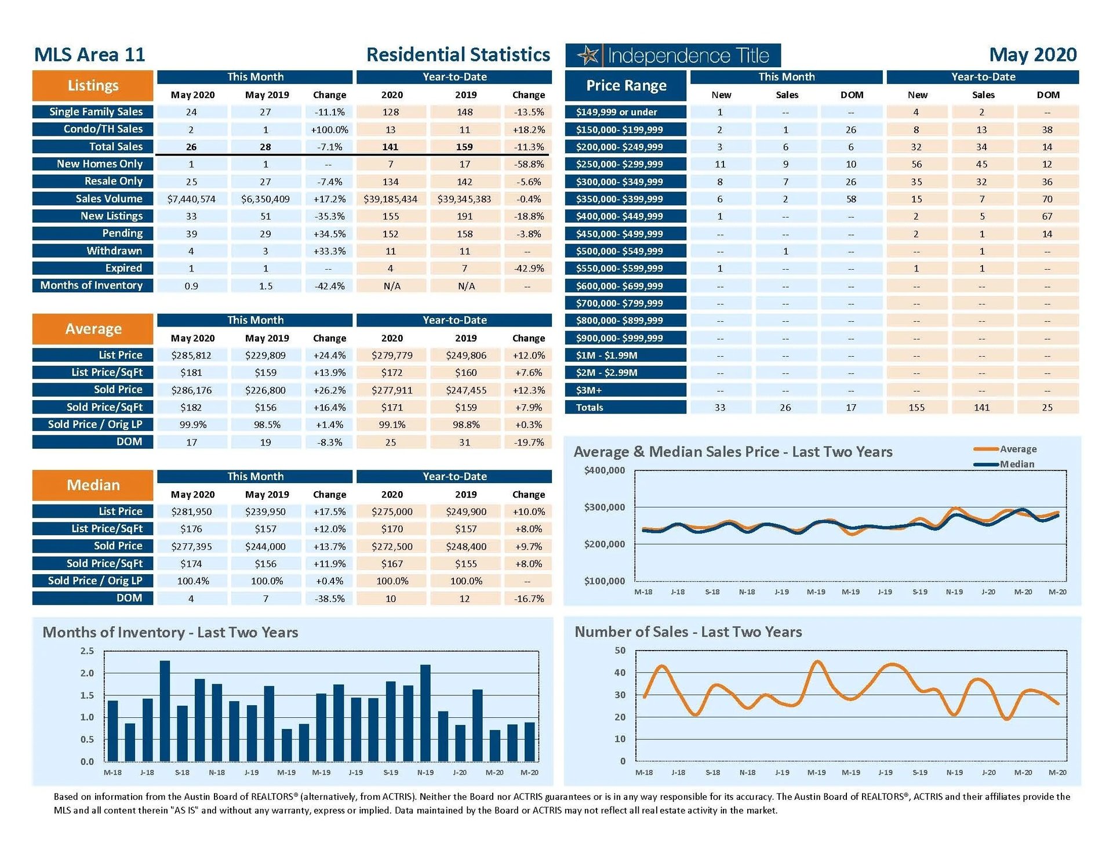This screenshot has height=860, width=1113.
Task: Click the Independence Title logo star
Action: pos(588,56)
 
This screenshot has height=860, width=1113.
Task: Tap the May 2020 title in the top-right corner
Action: pos(1032,55)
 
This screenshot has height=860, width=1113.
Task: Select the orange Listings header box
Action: pos(93,86)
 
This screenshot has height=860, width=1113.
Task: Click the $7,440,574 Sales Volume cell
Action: pos(191,199)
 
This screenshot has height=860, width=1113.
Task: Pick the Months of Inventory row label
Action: pos(92,285)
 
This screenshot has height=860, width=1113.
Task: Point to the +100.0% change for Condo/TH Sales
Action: pos(329,129)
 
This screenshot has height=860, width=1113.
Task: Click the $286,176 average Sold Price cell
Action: pos(191,390)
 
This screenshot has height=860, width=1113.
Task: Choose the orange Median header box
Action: pos(93,485)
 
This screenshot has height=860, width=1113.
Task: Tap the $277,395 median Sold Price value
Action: pos(191,546)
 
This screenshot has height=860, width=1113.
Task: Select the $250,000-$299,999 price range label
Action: pos(619,164)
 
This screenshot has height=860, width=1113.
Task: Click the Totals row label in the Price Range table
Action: pos(590,408)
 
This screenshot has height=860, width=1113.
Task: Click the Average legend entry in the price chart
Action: pos(1017,449)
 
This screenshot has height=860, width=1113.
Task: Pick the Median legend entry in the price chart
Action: pos(1016,464)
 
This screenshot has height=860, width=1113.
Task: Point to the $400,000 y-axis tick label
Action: pos(605,470)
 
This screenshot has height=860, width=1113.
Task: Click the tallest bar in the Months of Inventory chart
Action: pos(165,710)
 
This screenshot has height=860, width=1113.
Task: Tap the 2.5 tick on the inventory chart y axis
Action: pos(87,651)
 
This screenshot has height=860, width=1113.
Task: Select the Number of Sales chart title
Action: pos(688,632)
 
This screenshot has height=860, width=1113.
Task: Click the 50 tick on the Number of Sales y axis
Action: pos(620,651)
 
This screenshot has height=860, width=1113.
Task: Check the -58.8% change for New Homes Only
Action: pos(529,164)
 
